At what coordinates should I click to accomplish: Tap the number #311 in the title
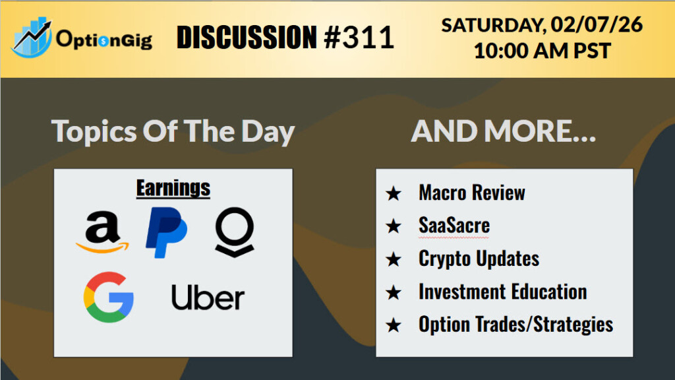coord(359,37)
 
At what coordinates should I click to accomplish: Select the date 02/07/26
coord(597,24)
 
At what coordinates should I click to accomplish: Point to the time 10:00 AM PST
coord(542,51)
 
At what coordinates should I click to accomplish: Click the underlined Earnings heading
coord(173,188)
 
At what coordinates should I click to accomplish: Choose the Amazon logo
coord(102,232)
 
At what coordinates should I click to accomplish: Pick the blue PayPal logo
coord(166,232)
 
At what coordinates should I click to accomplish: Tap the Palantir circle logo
coord(235,232)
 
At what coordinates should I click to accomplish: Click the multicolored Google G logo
coord(109,297)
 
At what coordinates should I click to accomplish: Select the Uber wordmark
coord(208,297)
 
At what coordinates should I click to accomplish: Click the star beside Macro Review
coord(394,193)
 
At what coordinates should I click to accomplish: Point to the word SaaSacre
coord(454,226)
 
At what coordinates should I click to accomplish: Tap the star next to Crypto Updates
coord(394,259)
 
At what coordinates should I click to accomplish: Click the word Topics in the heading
coord(94,131)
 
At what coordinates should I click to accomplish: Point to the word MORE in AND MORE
coord(540,131)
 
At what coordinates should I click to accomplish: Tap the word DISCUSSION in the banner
coord(247,37)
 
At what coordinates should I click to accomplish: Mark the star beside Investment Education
coord(394,292)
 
